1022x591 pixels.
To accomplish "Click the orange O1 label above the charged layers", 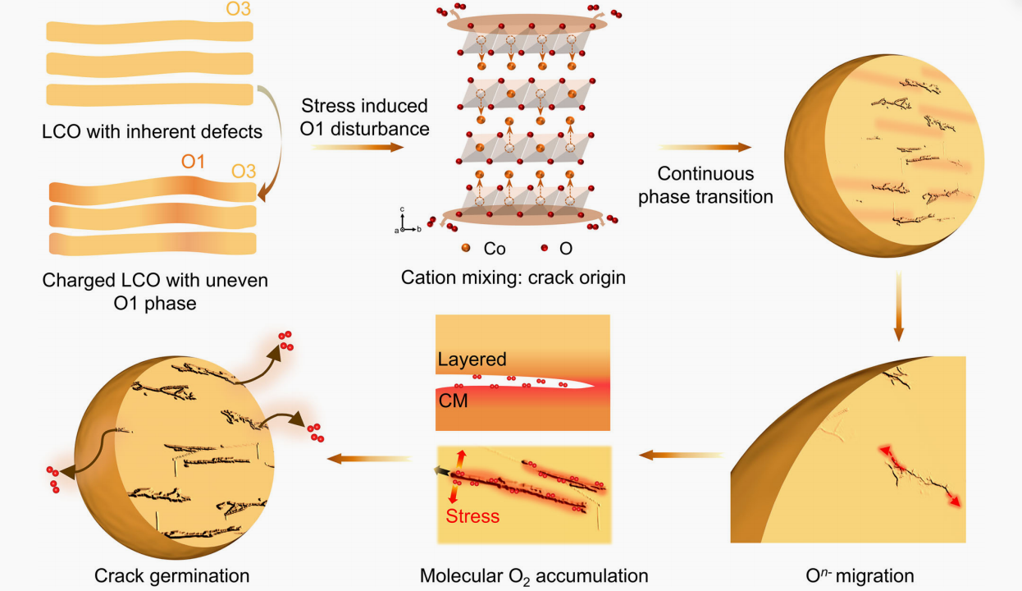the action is click(193, 162).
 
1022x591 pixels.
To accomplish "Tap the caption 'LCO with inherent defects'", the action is click(152, 131).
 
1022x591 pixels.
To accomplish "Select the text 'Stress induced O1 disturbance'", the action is click(364, 117).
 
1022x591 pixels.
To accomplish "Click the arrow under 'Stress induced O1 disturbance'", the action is click(358, 147).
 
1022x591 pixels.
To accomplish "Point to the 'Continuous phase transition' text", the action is click(705, 185).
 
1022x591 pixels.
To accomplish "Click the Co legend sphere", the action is click(466, 248).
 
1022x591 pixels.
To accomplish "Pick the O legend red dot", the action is click(544, 248).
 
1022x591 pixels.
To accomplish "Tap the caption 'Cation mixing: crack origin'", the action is click(513, 277).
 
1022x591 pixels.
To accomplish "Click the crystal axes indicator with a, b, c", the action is click(407, 221).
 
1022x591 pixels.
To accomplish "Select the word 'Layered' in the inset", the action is click(472, 360).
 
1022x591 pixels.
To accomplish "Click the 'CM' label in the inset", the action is click(453, 401).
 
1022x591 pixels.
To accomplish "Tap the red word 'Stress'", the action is click(472, 516).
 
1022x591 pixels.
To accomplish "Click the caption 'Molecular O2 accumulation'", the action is click(534, 576).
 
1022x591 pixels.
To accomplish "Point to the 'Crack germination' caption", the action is click(171, 576).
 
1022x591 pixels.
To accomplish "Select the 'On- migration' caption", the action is click(860, 575).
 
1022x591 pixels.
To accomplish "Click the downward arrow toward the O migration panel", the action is click(898, 306).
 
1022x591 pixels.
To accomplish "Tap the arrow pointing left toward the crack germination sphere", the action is click(369, 458).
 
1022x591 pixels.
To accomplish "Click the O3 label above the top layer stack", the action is click(238, 9).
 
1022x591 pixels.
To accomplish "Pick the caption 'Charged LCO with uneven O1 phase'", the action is click(155, 291).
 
